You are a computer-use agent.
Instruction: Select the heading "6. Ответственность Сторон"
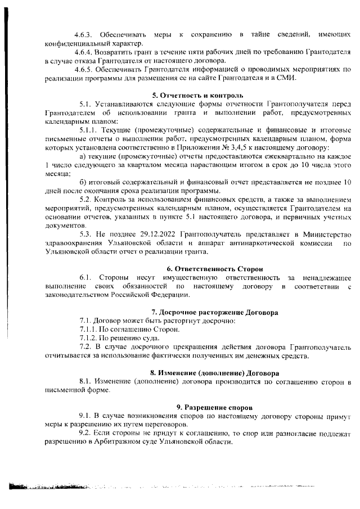[x=207, y=268]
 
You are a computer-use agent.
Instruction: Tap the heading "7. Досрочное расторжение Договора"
[x=207, y=312]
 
